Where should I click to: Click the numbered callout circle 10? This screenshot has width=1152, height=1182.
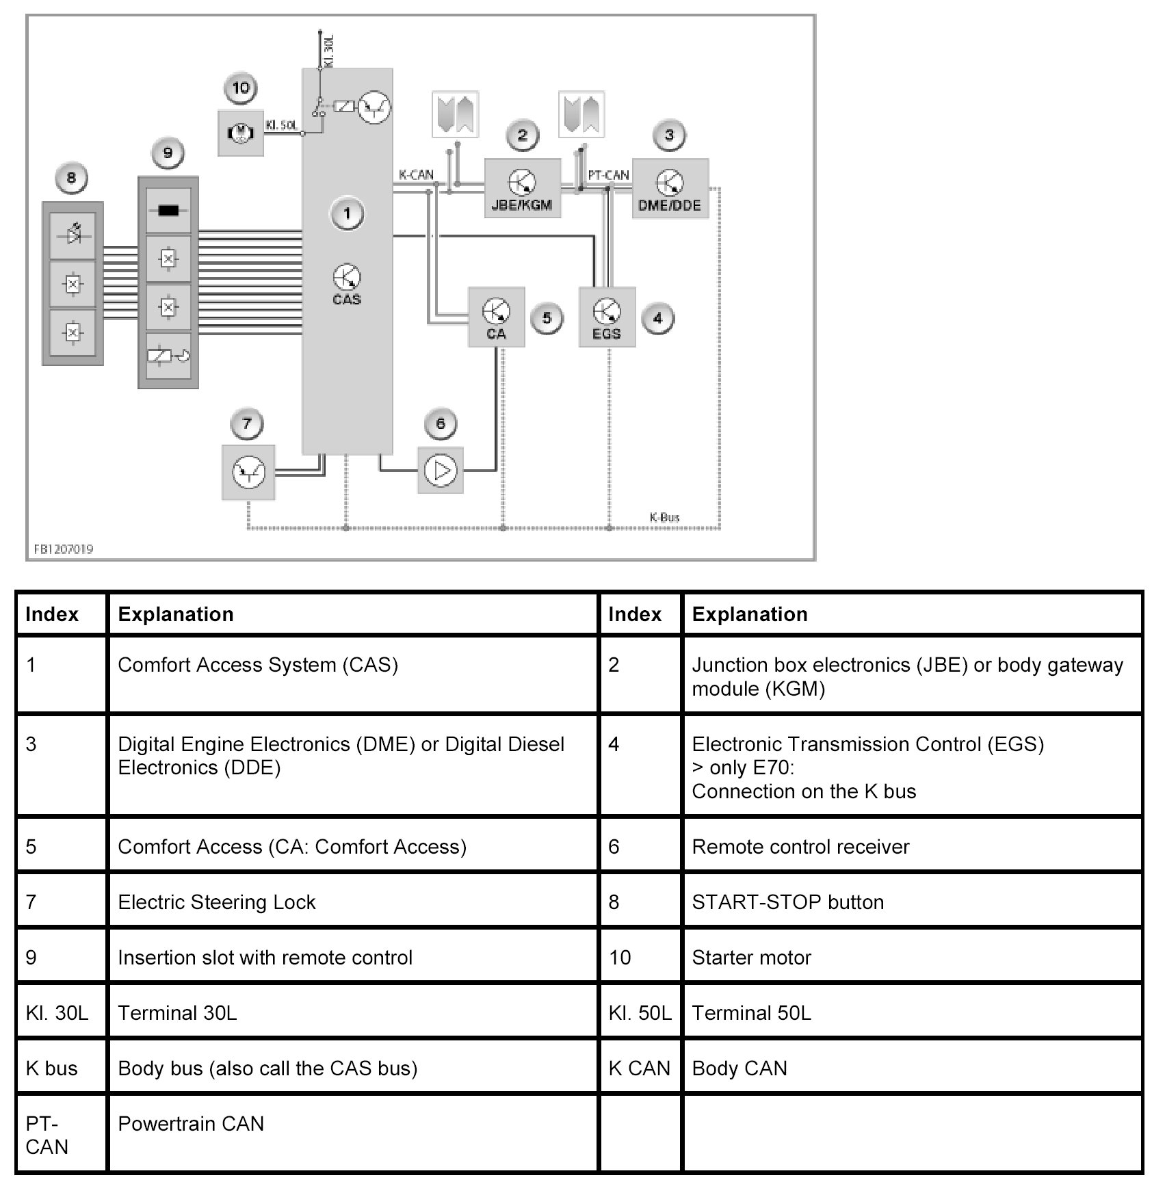(x=241, y=88)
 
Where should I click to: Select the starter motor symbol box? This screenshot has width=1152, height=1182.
(x=240, y=133)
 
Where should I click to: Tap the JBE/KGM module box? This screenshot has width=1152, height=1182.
(x=522, y=189)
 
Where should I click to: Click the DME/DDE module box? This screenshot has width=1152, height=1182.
(x=670, y=189)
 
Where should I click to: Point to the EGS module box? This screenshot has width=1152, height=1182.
(x=607, y=317)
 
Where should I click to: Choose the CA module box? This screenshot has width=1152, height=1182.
(x=496, y=317)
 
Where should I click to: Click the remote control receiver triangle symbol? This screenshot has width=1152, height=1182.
(x=441, y=471)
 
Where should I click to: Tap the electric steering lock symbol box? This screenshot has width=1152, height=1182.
(x=248, y=472)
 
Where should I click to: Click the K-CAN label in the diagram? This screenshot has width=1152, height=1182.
(x=416, y=174)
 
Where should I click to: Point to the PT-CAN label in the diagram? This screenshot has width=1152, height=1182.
(x=608, y=175)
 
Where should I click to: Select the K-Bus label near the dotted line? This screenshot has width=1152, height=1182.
(x=664, y=517)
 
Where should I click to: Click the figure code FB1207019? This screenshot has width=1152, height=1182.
(x=64, y=549)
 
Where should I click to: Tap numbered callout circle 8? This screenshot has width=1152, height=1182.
(x=71, y=179)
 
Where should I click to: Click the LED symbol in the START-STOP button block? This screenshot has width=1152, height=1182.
(x=73, y=235)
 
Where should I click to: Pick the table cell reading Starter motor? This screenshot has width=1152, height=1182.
(x=751, y=957)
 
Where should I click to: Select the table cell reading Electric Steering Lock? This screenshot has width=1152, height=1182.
(x=216, y=902)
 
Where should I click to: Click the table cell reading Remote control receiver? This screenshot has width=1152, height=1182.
(x=800, y=846)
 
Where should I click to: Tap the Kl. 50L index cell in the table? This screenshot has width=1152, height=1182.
(x=640, y=1012)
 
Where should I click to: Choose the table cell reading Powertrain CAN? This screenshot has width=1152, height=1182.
(x=191, y=1123)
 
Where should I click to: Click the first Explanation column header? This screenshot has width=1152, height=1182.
(x=176, y=614)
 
